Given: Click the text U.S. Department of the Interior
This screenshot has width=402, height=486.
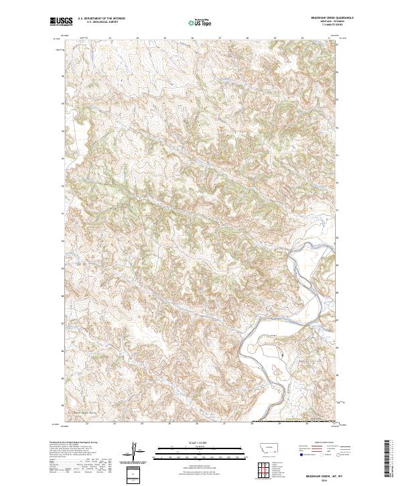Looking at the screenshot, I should pos(101,18).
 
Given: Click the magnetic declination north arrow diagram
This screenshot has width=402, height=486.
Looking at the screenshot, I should pos(137,452).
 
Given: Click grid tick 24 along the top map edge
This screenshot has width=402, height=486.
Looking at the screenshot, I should pos(137,38).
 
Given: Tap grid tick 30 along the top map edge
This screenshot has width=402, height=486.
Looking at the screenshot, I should pos(303,38).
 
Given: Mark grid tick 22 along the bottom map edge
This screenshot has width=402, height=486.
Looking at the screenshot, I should pos(88,423).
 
